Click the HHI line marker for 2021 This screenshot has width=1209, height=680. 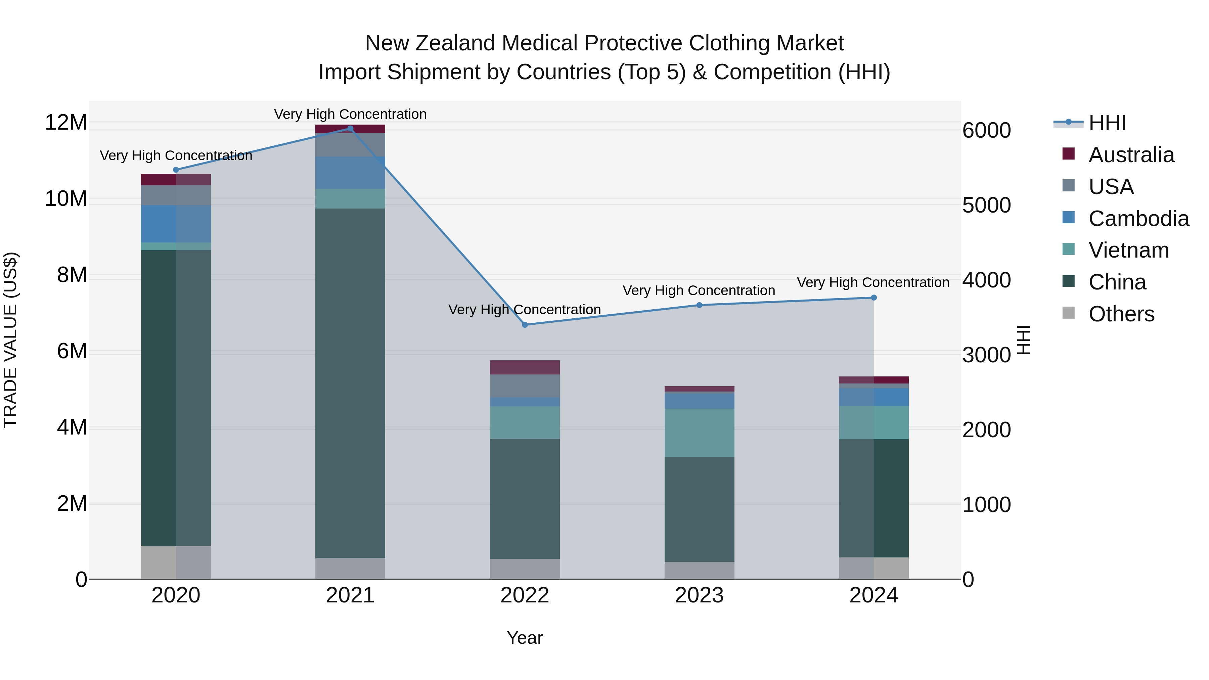(350, 129)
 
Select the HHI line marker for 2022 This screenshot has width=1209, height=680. (525, 325)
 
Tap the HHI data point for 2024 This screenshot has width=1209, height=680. (874, 298)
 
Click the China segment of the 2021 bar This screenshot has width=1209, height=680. (350, 382)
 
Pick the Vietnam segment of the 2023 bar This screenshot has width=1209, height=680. (699, 432)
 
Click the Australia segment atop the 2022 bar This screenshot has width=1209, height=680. (525, 367)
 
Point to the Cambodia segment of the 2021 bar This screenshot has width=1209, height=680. (350, 172)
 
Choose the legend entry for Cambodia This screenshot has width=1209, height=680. (1138, 219)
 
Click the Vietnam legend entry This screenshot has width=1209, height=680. (1128, 250)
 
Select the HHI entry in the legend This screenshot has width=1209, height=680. (1107, 123)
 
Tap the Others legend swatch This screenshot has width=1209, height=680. (1068, 313)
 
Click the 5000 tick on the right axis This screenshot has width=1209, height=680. (986, 205)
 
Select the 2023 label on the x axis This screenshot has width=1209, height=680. (699, 595)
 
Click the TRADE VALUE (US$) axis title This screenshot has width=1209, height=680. (10, 340)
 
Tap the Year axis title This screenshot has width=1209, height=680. (525, 638)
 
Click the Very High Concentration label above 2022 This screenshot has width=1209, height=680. (525, 310)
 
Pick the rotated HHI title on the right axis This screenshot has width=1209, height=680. (1024, 340)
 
